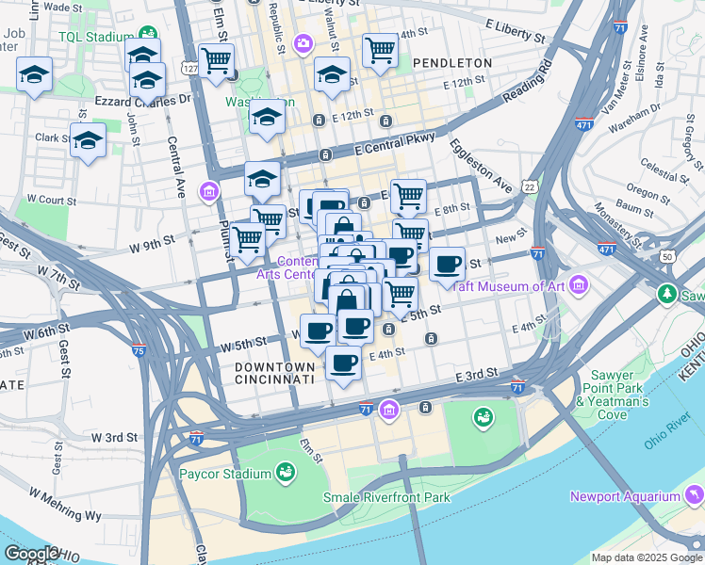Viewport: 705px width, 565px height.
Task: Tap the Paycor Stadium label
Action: pyautogui.click(x=223, y=473)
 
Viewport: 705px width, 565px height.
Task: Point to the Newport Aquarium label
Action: pyautogui.click(x=624, y=496)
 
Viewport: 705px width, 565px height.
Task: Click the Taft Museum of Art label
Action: pyautogui.click(x=521, y=286)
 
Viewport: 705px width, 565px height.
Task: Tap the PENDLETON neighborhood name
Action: pyautogui.click(x=451, y=63)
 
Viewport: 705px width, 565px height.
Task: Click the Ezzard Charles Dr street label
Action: pyautogui.click(x=143, y=99)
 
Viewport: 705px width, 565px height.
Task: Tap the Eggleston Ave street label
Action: pyautogui.click(x=481, y=166)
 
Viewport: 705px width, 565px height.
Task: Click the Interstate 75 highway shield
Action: pyautogui.click(x=139, y=351)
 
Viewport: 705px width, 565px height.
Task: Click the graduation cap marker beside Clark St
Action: pyautogui.click(x=88, y=140)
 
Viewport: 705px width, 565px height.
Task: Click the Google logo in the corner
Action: pyautogui.click(x=32, y=554)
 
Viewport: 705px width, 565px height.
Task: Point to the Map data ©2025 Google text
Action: pyautogui.click(x=646, y=557)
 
